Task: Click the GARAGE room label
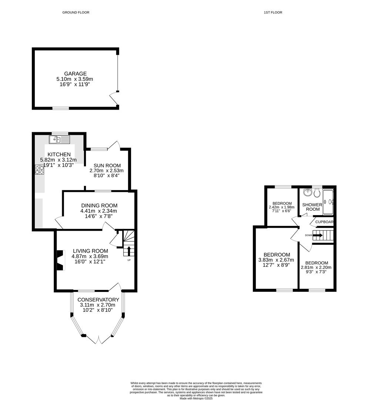point(76,74)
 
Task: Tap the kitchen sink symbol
point(60,140)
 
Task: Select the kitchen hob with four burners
point(39,170)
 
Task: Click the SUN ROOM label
point(106,165)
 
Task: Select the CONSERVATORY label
point(99,300)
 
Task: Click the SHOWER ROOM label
point(311,207)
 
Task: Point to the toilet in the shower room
point(317,193)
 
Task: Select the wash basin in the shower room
point(307,192)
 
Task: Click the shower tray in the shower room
point(328,202)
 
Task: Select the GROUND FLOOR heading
point(76,13)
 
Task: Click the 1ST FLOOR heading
point(273,13)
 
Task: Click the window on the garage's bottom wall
point(60,108)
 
